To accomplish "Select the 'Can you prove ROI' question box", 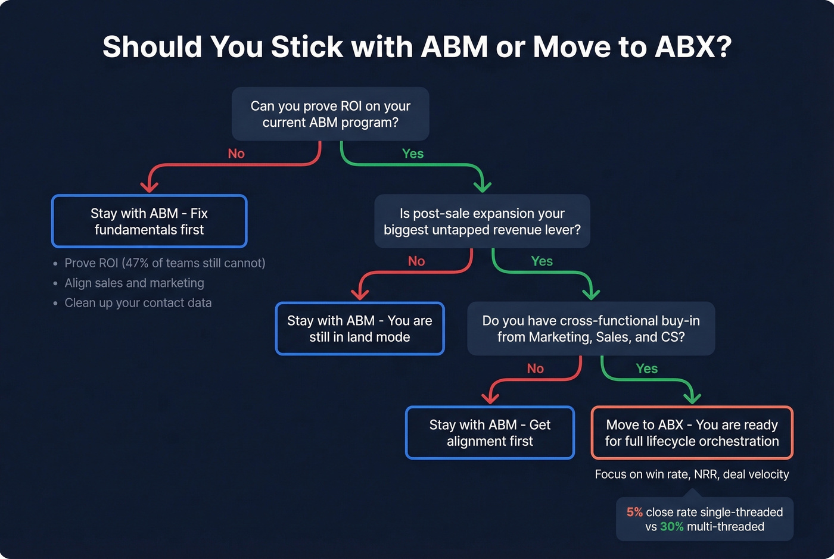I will (330, 114).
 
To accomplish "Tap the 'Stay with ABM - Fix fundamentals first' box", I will (149, 221).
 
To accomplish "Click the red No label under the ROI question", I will (236, 154).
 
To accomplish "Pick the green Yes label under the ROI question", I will (413, 154).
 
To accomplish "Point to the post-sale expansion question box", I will (482, 221).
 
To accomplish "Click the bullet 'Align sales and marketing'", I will (134, 283).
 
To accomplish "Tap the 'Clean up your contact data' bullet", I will (138, 303).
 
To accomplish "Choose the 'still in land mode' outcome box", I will (360, 329).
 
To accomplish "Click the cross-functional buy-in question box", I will (591, 329).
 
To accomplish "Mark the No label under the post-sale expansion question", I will (416, 261).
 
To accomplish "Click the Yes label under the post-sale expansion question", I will (542, 261).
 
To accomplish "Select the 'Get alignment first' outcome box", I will (490, 433).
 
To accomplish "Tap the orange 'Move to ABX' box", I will (692, 433).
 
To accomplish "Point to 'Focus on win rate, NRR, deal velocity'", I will (692, 474).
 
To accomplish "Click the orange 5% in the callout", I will (634, 512).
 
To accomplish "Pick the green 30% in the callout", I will (671, 527).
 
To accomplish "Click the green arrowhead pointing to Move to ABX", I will (692, 398).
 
